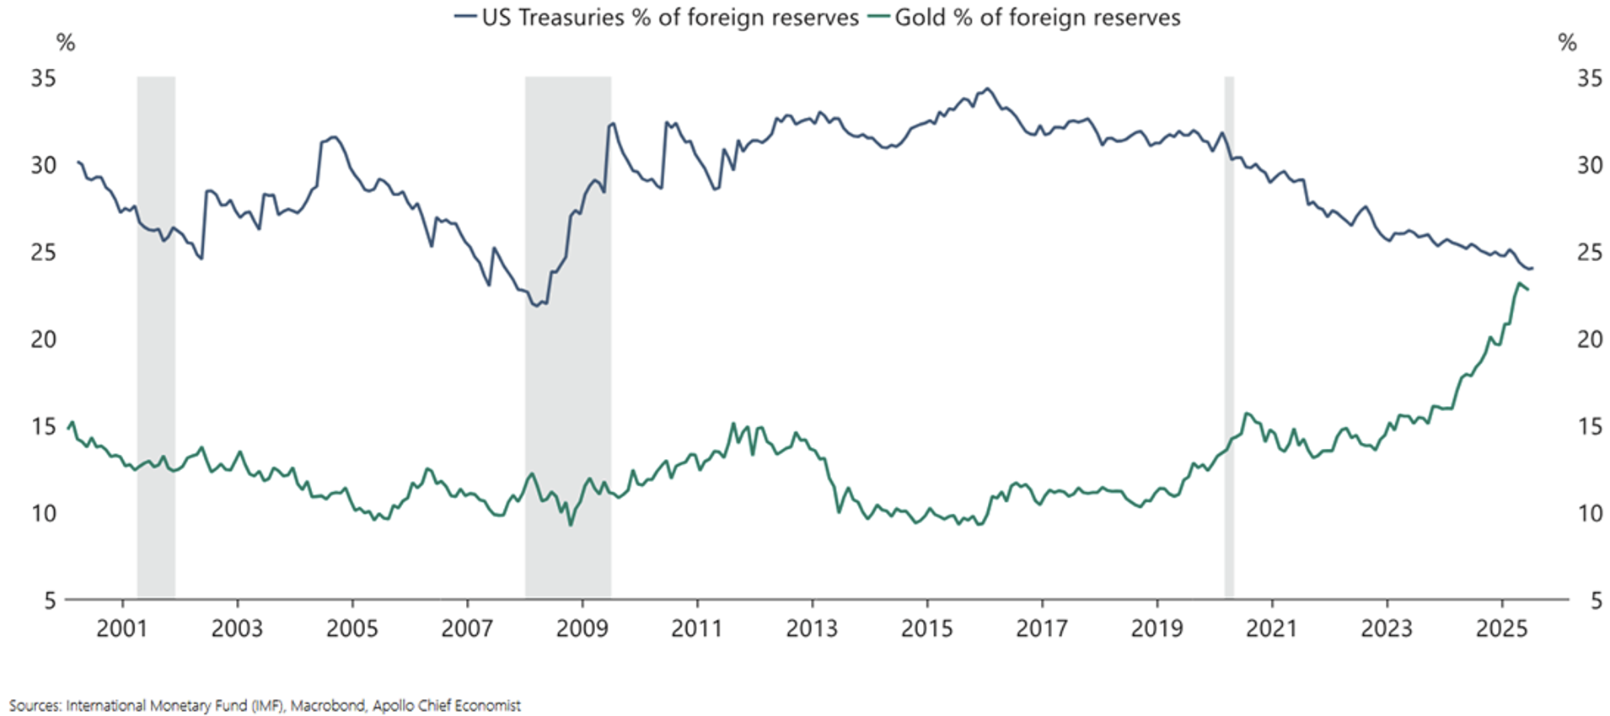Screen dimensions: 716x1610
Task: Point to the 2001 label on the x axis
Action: click(121, 628)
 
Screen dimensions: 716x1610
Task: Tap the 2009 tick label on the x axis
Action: click(582, 628)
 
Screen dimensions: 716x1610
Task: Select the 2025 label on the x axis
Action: click(1501, 628)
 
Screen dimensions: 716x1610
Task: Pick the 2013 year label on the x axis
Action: click(812, 628)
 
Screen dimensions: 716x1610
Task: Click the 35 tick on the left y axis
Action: click(43, 78)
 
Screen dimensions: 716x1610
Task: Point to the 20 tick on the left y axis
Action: click(43, 339)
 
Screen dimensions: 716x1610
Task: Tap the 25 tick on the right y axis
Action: click(1590, 252)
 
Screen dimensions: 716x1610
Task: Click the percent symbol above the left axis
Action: click(65, 42)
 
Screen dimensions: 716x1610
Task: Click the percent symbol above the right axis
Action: click(1567, 42)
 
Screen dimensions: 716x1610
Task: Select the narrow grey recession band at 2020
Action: click(1229, 337)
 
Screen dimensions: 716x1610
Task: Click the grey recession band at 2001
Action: click(156, 337)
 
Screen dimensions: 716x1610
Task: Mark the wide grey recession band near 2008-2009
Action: click(567, 337)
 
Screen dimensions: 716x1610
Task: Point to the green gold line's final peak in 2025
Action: click(1519, 284)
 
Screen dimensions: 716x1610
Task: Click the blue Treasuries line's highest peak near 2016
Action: click(988, 88)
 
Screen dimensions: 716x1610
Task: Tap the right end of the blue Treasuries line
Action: click(1532, 269)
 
